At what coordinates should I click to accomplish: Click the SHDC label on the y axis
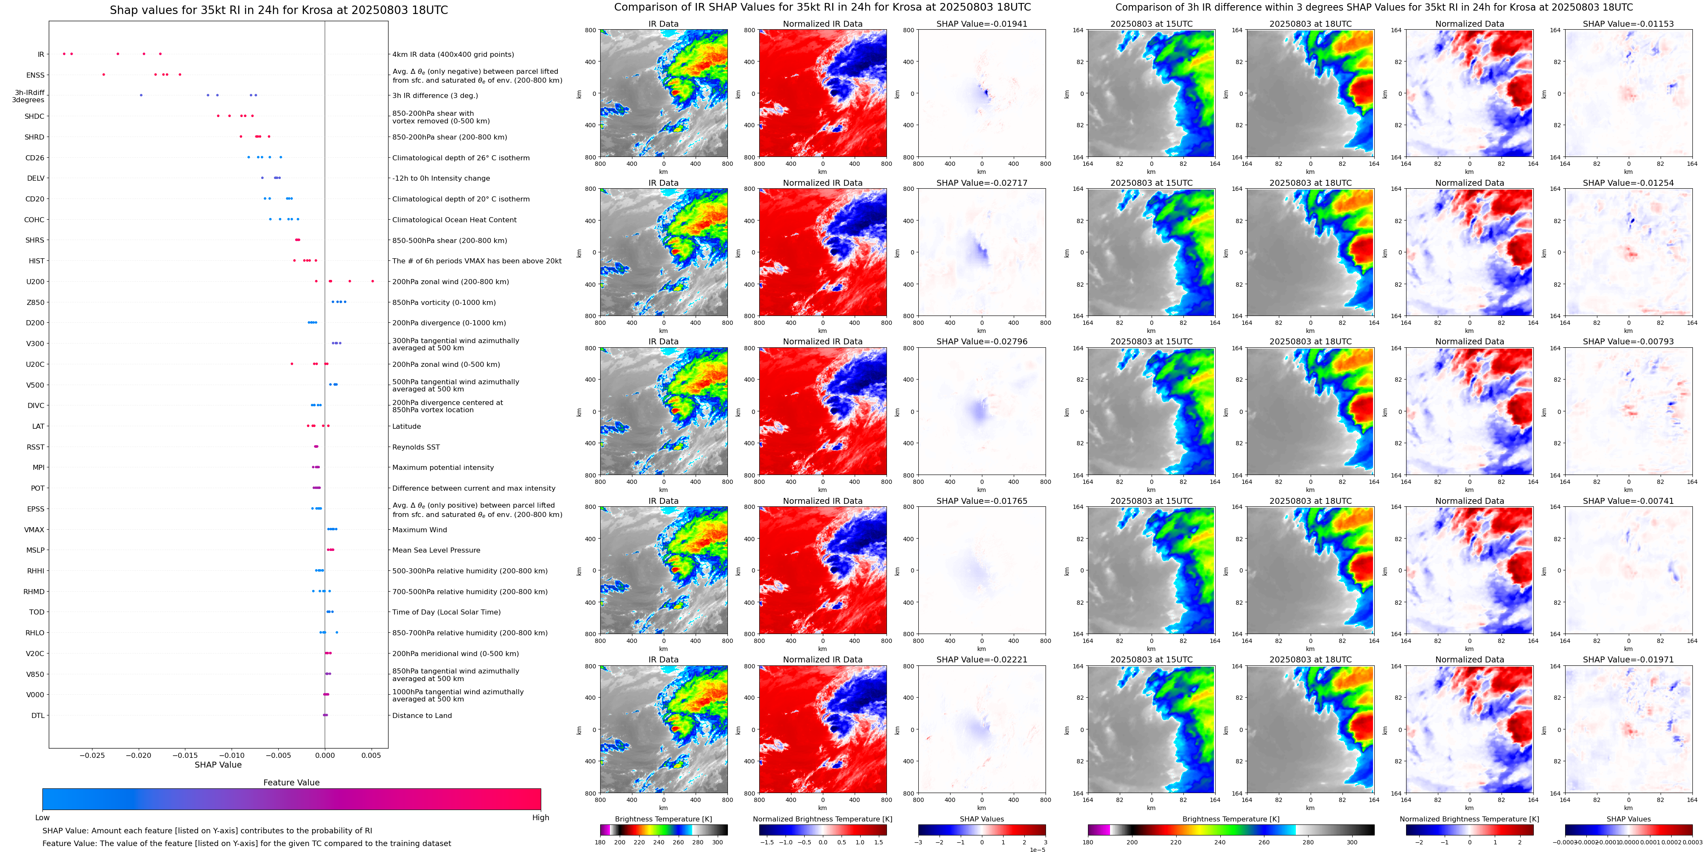point(34,116)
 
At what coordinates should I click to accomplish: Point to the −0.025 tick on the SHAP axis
point(92,755)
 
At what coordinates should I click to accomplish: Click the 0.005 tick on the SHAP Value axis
point(371,755)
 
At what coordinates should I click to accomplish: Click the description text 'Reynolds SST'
point(416,447)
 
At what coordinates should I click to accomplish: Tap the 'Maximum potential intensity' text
point(443,468)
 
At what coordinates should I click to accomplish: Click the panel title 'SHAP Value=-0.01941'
point(982,24)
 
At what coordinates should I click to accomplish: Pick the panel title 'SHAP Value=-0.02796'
point(982,342)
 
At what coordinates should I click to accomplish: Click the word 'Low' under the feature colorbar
point(42,818)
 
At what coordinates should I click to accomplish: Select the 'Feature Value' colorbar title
point(291,782)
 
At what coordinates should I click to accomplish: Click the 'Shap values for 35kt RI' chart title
point(278,10)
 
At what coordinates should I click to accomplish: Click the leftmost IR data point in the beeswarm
point(64,53)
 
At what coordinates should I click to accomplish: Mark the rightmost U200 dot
point(373,282)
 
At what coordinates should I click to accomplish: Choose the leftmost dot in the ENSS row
point(104,75)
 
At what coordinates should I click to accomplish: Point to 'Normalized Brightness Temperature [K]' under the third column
point(822,819)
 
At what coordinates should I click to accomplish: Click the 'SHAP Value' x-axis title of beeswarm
point(218,765)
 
